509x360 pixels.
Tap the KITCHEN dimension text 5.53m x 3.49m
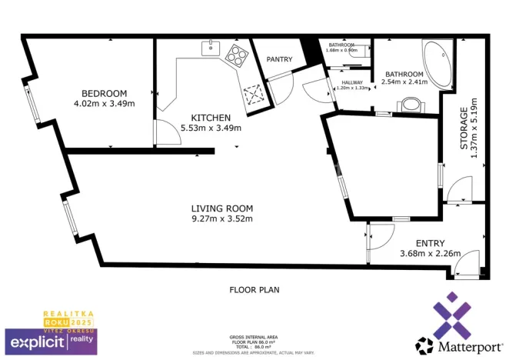click(x=211, y=128)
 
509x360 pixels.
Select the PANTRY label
click(x=279, y=59)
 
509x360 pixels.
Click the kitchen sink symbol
click(x=211, y=48)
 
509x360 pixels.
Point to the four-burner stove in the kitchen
click(x=235, y=55)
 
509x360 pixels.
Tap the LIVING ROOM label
click(x=222, y=208)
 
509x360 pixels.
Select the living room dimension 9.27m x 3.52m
click(x=222, y=218)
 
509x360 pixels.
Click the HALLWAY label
click(x=352, y=82)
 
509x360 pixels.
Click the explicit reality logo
click(x=51, y=339)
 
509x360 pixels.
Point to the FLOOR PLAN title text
click(x=254, y=290)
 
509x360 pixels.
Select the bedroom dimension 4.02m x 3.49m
click(x=104, y=103)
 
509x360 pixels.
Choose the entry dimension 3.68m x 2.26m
click(x=430, y=254)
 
